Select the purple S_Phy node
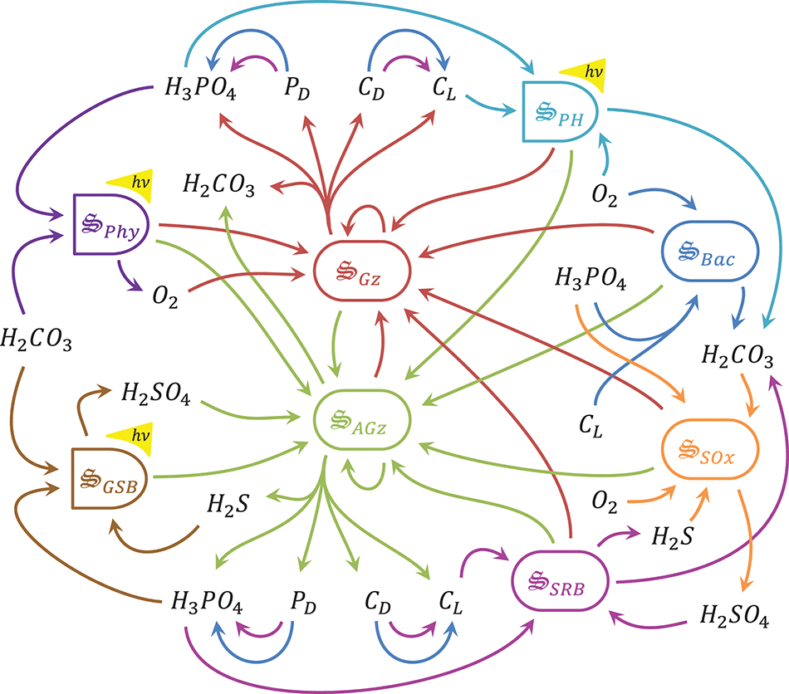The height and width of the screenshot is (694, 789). point(110,224)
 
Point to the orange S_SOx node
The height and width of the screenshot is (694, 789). point(709,453)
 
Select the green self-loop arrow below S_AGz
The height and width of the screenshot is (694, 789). point(369,477)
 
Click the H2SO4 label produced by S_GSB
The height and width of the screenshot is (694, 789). point(156,394)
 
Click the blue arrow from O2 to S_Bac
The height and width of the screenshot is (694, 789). point(656,198)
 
